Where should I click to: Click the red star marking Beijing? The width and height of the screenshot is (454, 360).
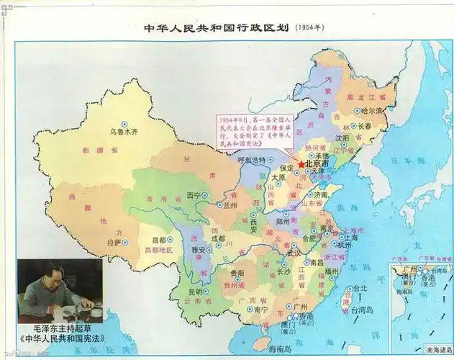coord(301,164)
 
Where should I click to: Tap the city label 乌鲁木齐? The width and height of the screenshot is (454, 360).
coord(123,132)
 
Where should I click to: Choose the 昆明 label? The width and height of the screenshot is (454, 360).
coord(195,292)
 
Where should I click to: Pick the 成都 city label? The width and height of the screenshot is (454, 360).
coord(219,238)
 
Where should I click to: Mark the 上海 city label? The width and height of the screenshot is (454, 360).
coord(350,236)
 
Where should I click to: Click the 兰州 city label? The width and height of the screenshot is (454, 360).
coord(230,204)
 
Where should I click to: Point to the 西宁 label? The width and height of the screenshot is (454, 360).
coord(194,194)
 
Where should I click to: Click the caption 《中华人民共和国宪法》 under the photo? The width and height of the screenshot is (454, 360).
coord(60,336)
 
